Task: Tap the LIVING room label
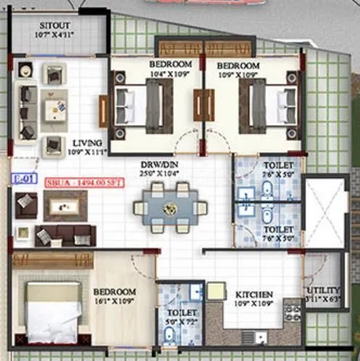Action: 87,142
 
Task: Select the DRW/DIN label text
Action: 158,164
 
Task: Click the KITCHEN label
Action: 253,295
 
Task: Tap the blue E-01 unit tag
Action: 20,177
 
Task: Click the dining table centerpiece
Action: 171,208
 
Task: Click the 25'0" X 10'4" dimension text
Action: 158,173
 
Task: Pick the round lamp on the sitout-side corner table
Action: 27,70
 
